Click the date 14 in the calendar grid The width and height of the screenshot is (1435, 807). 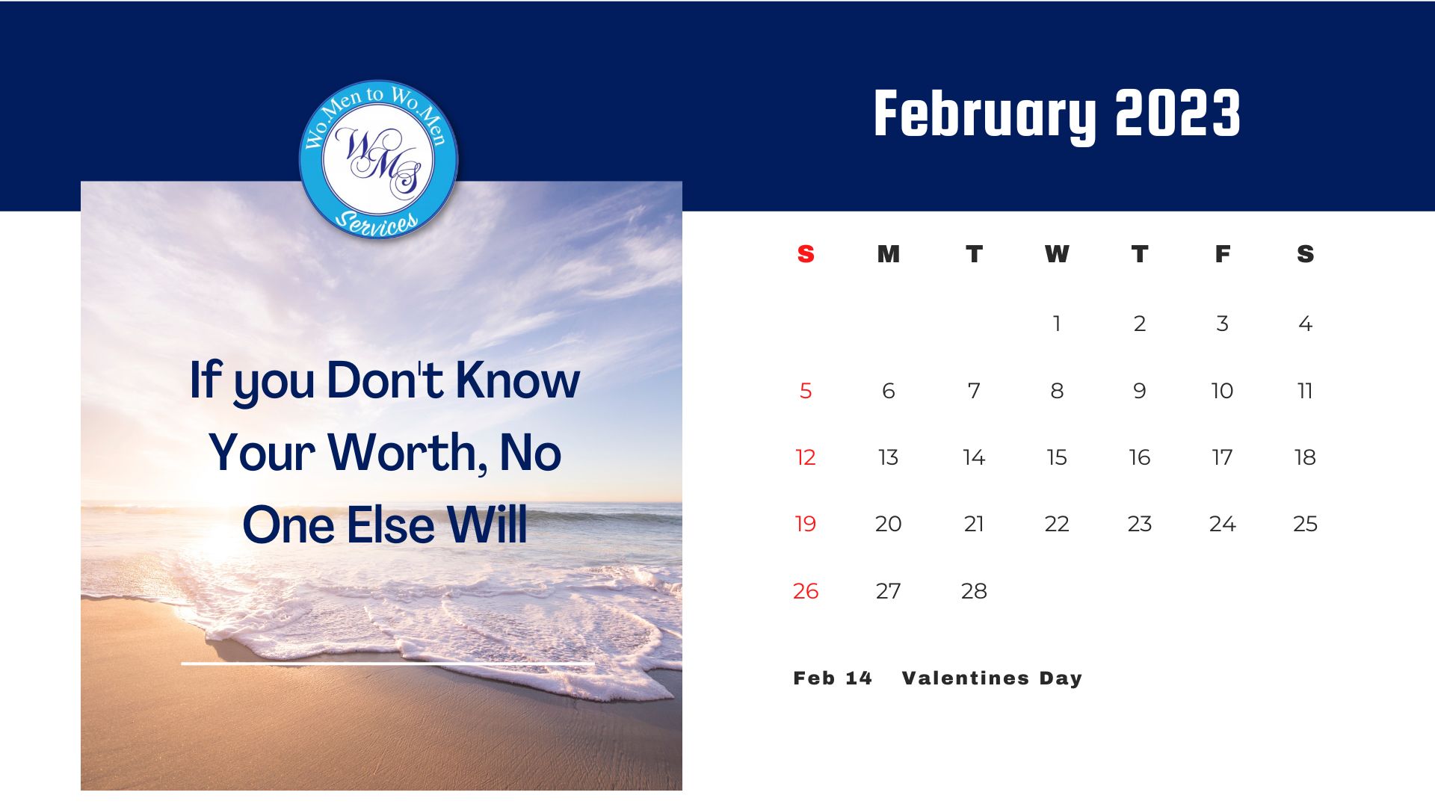[974, 457]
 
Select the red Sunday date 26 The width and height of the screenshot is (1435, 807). [806, 591]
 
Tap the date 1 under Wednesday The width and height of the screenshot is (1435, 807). [1057, 324]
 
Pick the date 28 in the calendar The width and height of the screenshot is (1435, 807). [974, 591]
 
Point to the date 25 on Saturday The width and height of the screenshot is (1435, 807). [1305, 524]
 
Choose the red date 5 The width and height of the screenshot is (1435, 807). [806, 391]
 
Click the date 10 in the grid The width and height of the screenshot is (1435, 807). [1222, 391]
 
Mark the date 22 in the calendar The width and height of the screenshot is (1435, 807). [1057, 524]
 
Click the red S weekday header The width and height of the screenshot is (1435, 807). [806, 254]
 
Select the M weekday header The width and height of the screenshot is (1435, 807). [889, 254]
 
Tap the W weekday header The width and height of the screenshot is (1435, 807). [1057, 254]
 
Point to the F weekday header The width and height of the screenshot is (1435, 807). [1223, 254]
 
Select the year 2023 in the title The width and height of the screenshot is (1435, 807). [1178, 113]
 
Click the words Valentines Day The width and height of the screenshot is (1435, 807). [992, 678]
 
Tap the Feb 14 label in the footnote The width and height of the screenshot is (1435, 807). [833, 678]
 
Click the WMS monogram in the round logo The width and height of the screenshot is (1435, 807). [379, 161]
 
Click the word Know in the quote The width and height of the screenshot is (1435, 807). [517, 380]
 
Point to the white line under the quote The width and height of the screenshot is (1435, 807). [388, 663]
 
